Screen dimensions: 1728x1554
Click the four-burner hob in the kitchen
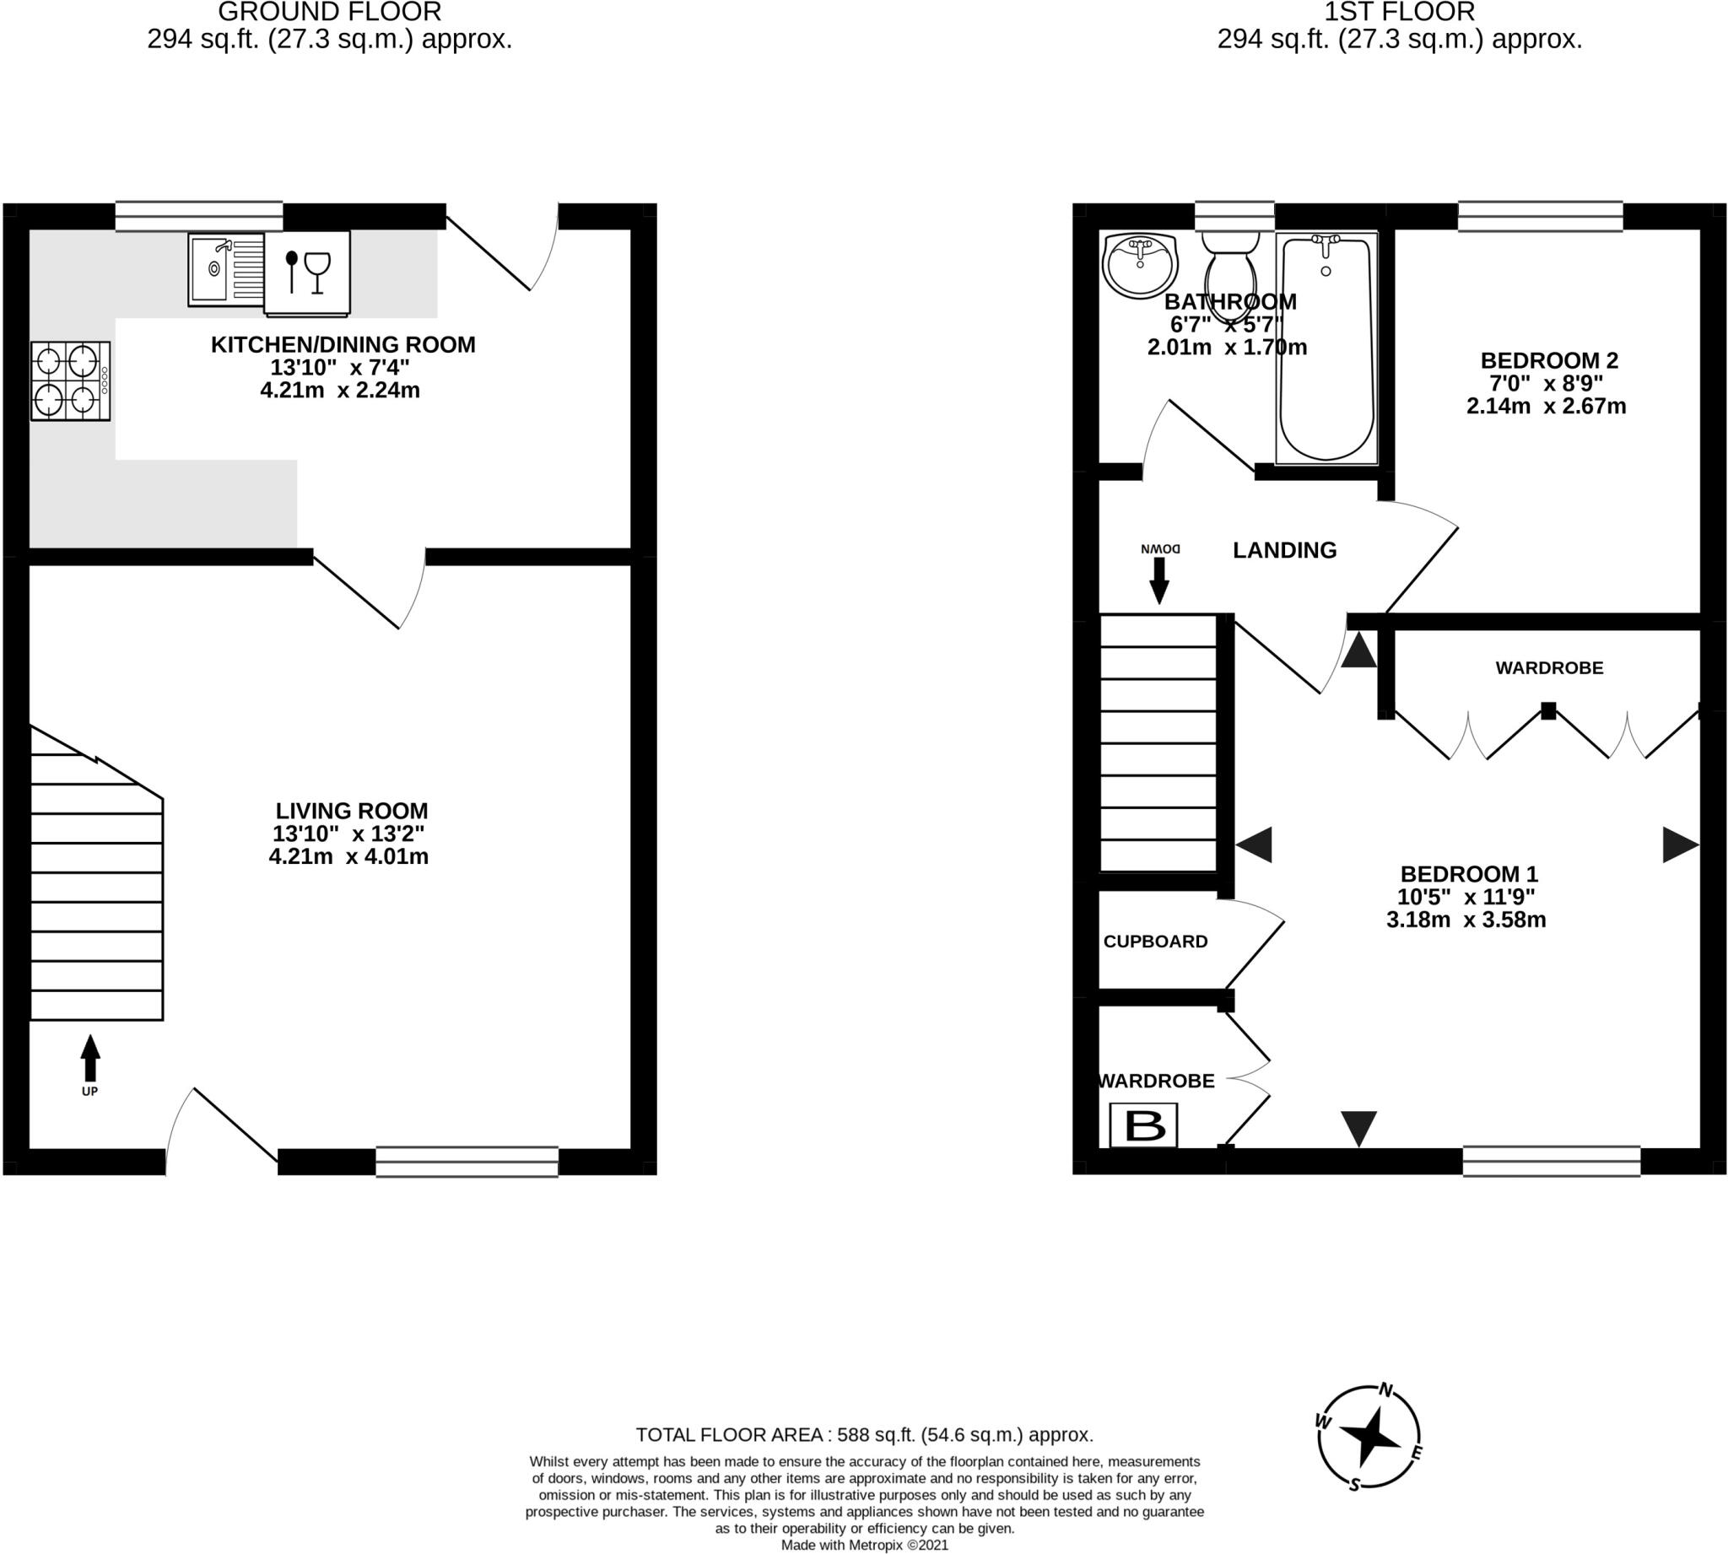71,380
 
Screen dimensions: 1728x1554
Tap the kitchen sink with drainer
226,269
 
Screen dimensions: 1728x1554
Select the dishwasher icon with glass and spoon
307,272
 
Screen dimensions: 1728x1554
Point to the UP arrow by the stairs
89,1058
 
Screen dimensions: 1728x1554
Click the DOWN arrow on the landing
1158,581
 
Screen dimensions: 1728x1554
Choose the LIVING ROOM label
352,810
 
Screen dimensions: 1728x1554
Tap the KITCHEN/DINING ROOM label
343,345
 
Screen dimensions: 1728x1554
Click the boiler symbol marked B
1144,1125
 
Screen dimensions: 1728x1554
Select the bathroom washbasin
1140,266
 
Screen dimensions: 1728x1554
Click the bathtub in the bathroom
1326,348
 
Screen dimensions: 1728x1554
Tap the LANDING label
1285,551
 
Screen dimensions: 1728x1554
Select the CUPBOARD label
1155,942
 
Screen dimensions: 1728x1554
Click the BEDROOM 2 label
1550,360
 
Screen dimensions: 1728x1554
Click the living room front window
467,1161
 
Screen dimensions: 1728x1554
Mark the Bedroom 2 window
1540,216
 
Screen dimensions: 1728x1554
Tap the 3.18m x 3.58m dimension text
1466,920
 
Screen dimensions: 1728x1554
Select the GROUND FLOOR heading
330,12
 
